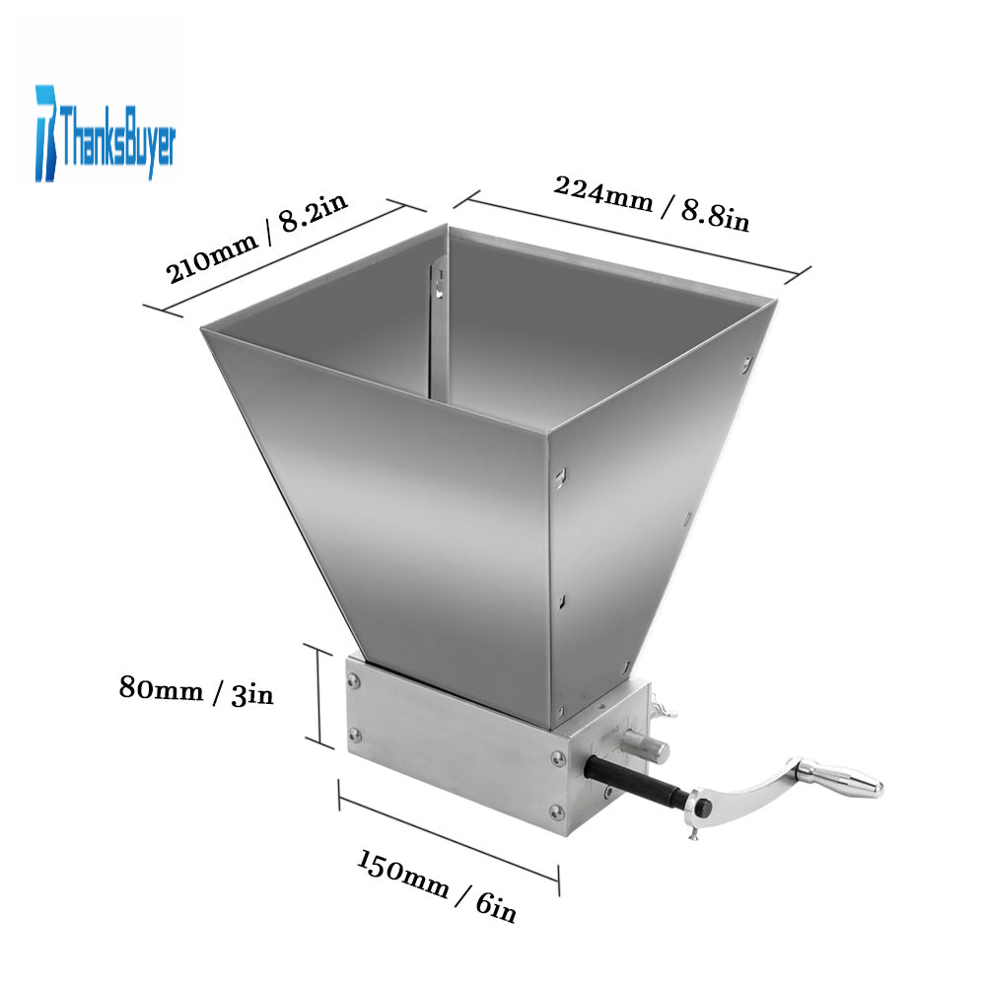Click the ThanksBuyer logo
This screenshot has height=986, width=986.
click(106, 133)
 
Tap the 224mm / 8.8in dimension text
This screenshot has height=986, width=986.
click(652, 204)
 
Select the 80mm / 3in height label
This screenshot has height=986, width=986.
click(196, 691)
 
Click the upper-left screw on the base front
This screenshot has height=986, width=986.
click(353, 681)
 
